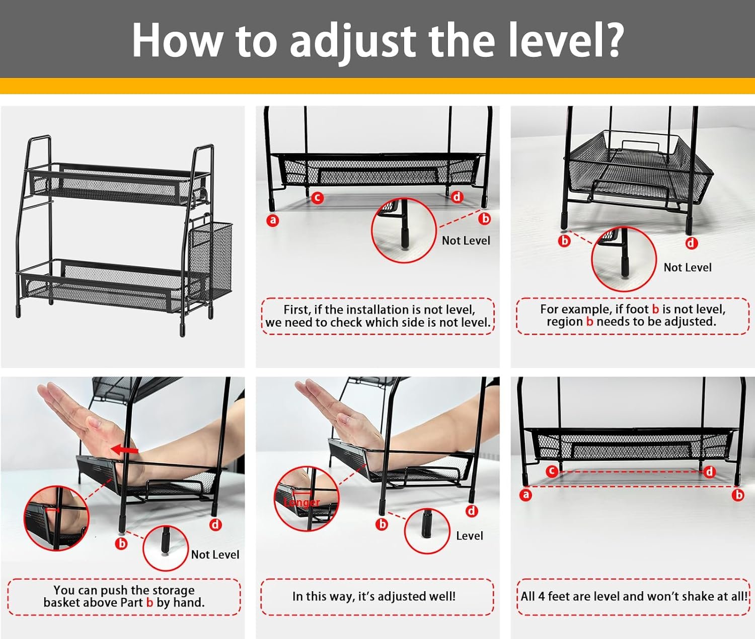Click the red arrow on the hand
click(x=124, y=449)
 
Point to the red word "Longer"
click(x=301, y=503)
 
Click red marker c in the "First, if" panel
click(x=318, y=198)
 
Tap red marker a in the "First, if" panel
click(x=273, y=220)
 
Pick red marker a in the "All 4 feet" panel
click(x=525, y=495)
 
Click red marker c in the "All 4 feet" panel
click(x=552, y=471)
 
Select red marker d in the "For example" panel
click(x=691, y=243)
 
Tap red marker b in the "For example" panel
click(x=565, y=241)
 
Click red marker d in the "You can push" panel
click(x=215, y=525)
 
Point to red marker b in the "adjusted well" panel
click(x=382, y=524)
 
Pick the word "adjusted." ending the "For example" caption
click(x=689, y=322)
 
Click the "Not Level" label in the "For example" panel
click(x=688, y=268)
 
